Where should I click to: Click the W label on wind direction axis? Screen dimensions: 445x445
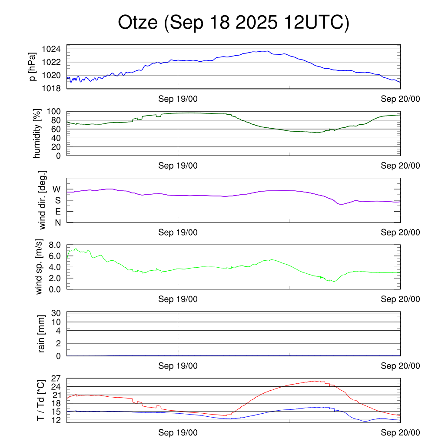(x=56, y=189)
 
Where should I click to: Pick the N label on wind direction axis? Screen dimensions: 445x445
(x=57, y=222)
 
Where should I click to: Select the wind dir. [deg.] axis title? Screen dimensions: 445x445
(x=42, y=200)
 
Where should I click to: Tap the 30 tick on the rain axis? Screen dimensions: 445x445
(x=56, y=313)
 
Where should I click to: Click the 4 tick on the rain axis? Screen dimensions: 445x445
(x=58, y=330)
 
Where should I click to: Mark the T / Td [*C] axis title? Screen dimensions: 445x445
(x=40, y=400)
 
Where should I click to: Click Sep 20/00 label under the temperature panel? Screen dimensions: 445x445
(x=400, y=433)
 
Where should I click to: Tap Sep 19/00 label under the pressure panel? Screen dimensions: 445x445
(x=178, y=99)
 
